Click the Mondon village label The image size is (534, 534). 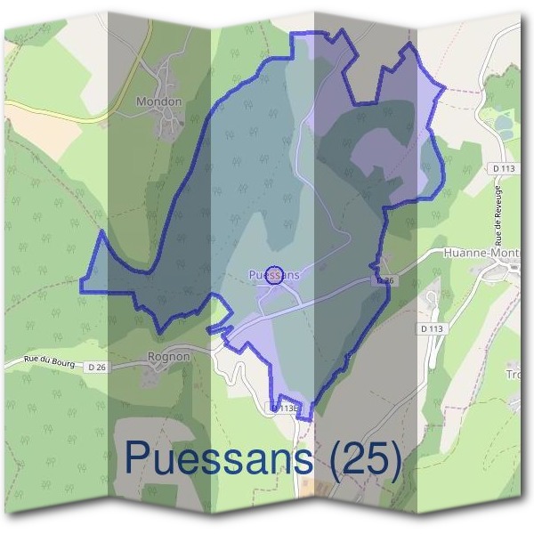coord(158,101)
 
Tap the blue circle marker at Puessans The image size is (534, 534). coord(274,273)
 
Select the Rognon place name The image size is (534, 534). coord(168,357)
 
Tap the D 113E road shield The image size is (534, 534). coord(286,408)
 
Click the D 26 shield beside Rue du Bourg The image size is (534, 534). coord(97,366)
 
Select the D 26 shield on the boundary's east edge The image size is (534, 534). coord(384,280)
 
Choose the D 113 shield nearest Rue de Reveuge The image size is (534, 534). coord(504,167)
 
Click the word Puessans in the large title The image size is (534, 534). coord(219,457)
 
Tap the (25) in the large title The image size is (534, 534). coord(366,457)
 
